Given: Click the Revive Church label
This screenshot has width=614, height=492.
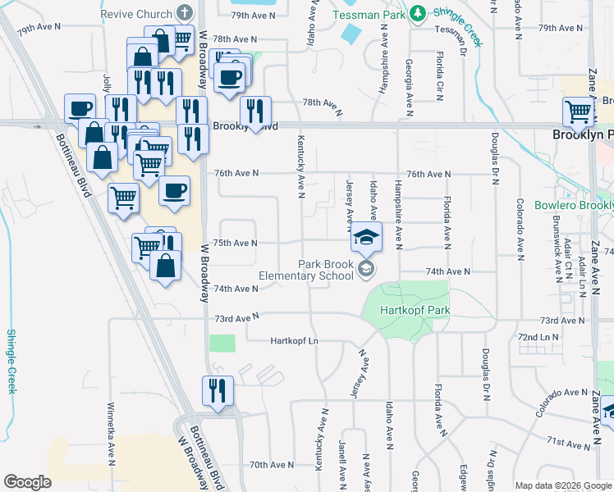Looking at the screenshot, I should (x=136, y=15).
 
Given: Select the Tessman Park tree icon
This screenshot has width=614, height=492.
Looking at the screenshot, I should (x=418, y=14).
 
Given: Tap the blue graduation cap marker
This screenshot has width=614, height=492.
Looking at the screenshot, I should (x=366, y=238).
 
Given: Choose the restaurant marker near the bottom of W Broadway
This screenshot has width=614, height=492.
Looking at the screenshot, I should (x=218, y=389).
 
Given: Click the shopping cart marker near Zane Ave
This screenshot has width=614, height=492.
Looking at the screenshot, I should (x=579, y=111).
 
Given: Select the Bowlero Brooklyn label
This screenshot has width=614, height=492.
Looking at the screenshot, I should (x=573, y=205).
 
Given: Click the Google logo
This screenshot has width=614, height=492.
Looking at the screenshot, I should (x=28, y=482).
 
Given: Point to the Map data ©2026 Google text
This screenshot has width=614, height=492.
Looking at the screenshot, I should (x=563, y=485).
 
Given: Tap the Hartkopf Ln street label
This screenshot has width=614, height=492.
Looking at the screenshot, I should (x=293, y=340).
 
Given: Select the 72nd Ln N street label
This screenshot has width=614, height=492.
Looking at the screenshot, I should (x=538, y=337).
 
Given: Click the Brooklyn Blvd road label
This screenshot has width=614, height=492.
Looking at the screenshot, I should (x=245, y=126).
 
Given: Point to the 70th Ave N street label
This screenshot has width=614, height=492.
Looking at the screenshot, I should (x=272, y=465).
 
